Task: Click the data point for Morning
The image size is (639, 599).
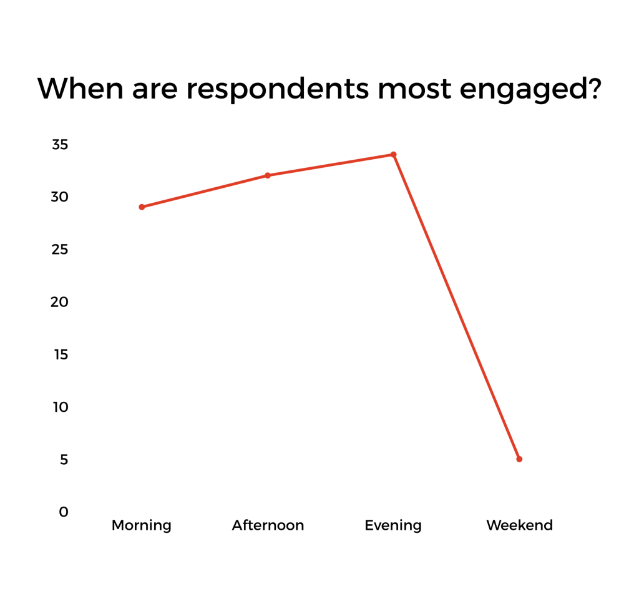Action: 142,207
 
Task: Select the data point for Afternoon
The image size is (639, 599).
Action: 268,175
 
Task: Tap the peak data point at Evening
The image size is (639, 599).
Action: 393,155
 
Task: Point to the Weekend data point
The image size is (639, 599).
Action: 519,459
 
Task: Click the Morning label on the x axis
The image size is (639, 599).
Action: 142,525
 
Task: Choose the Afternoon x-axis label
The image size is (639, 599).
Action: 268,525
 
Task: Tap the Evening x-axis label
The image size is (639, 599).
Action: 393,525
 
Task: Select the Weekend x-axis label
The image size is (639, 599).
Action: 520,525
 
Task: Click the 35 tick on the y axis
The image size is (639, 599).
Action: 60,144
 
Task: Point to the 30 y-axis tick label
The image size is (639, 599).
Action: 59,197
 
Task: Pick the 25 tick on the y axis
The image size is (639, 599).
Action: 59,250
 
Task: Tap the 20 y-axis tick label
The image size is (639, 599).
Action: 59,302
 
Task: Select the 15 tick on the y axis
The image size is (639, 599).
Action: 61,354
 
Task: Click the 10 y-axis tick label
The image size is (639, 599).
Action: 61,407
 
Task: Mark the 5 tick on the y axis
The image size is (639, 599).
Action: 64,459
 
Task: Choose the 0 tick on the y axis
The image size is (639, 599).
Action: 64,512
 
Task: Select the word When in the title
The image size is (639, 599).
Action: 80,88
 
